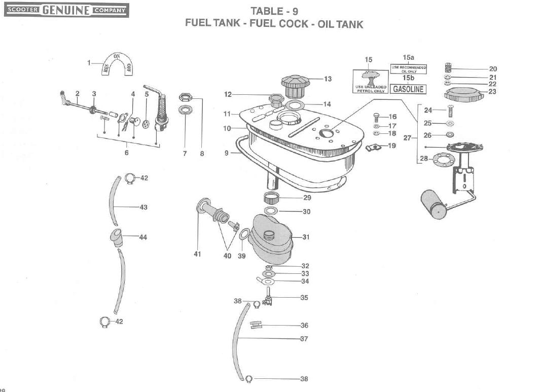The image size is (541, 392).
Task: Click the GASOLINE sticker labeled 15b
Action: [x=408, y=89]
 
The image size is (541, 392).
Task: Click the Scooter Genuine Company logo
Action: [x=66, y=10]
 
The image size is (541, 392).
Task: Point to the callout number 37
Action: [x=303, y=338]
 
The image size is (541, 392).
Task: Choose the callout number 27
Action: [x=407, y=137]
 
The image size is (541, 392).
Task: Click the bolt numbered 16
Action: [x=376, y=116]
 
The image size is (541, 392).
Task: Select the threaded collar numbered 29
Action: [x=273, y=198]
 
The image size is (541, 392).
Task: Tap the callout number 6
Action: [x=126, y=152]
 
